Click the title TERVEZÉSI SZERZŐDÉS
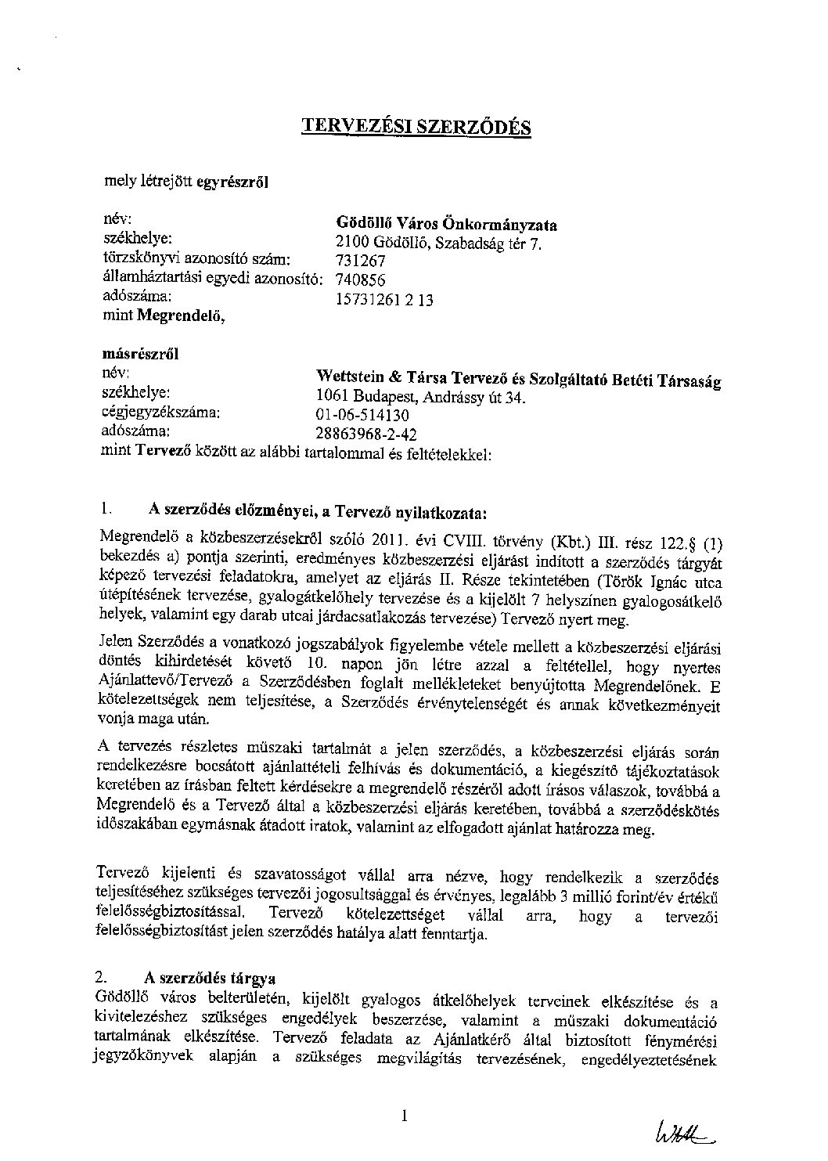(x=416, y=127)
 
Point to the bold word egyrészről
(x=232, y=182)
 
